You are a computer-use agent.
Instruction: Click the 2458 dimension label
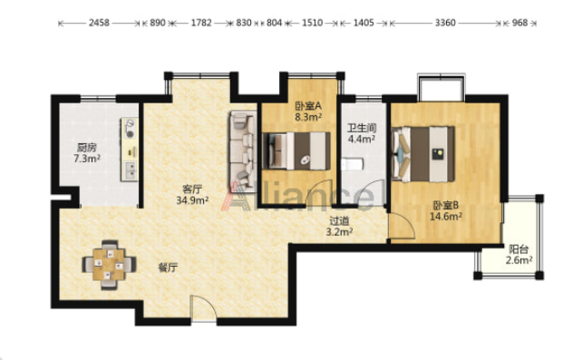pos(99,23)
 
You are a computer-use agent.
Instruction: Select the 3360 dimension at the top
pos(445,23)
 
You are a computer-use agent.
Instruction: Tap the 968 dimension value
pos(519,23)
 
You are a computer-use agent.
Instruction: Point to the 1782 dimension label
pos(201,23)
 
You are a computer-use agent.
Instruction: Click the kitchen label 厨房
pos(86,147)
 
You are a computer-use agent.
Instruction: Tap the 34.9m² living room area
pos(192,200)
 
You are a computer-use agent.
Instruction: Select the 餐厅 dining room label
pos(168,268)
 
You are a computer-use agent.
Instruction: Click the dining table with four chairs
pos(109,265)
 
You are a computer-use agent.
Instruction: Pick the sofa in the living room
pos(243,151)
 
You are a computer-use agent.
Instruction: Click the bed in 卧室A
pos(296,151)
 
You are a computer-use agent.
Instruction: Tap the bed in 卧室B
pos(423,154)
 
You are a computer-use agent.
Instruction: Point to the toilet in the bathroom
pos(353,165)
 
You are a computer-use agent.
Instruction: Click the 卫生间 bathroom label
pos(362,128)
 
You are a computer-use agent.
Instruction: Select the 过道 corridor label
pos(339,220)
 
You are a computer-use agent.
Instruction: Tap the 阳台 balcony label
pos(519,249)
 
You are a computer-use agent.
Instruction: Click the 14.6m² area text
pos(446,217)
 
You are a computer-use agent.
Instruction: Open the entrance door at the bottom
pos(203,308)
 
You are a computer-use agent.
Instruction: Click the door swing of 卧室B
pos(402,226)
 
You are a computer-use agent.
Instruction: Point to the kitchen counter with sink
pos(130,150)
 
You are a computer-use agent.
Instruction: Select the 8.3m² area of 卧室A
pos(308,117)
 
